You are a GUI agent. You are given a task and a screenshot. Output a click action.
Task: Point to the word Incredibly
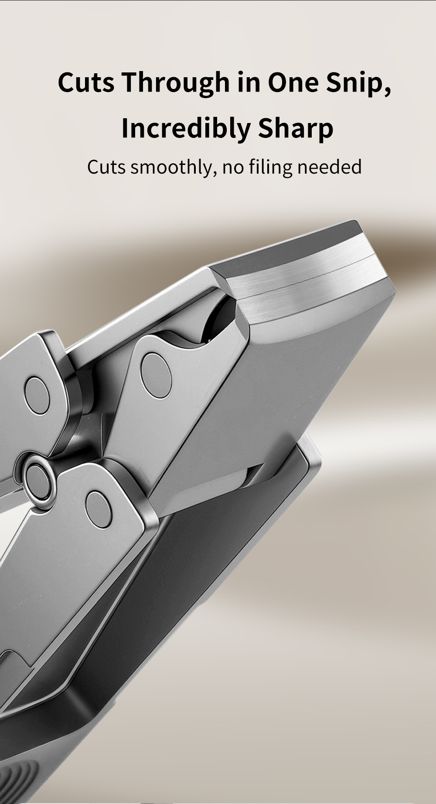[x=186, y=129]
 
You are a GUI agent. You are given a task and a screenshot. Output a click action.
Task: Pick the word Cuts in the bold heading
[x=86, y=82]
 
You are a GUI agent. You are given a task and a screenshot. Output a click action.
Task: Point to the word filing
[x=270, y=167]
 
